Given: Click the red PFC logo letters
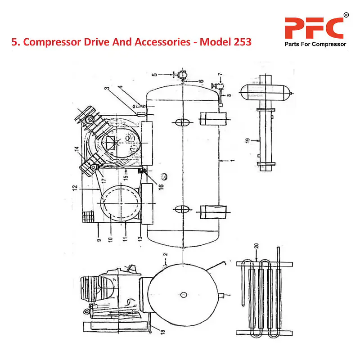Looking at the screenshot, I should [x=313, y=27].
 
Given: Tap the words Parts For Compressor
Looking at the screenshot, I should [x=315, y=45].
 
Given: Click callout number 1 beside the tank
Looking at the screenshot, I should [x=232, y=161].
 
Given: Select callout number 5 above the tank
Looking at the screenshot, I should [x=154, y=75].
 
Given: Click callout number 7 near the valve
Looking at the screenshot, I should [x=220, y=74].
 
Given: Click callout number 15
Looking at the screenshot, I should [x=126, y=177].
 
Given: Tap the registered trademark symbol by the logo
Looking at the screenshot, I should [x=346, y=15].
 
